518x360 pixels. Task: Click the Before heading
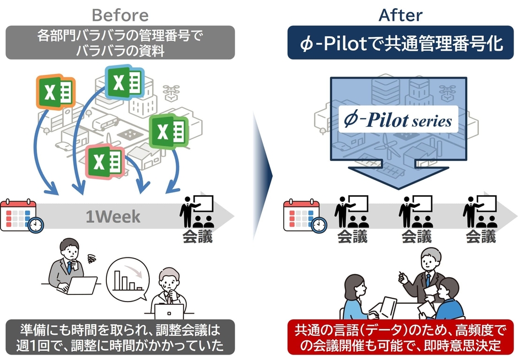[x=120, y=14]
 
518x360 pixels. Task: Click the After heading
[x=401, y=14]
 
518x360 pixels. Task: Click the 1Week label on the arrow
[x=112, y=217]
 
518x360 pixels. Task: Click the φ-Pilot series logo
[x=397, y=120]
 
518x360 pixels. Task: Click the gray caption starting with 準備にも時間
[x=120, y=338]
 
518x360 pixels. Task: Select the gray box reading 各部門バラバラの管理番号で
[x=120, y=42]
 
